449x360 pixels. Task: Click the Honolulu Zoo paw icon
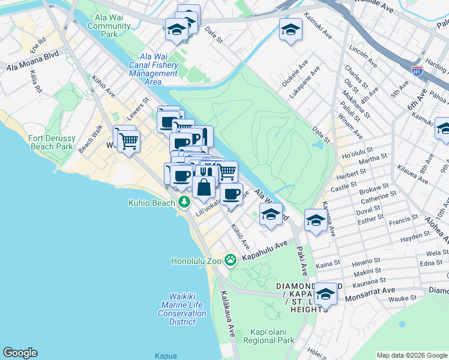(230, 260)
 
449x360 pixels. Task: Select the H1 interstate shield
(417, 70)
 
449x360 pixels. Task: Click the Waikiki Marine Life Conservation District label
(182, 309)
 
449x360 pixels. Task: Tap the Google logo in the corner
(20, 353)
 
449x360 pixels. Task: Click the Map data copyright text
(412, 355)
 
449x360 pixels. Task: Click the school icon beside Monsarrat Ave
(325, 294)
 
